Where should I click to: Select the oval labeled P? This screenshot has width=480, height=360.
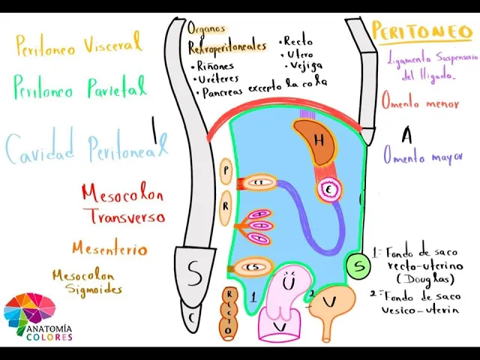coord(226,171)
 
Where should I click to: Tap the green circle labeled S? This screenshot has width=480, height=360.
coord(359,265)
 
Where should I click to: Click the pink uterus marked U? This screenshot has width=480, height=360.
coord(288,292)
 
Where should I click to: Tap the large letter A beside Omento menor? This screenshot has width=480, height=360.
coord(407,135)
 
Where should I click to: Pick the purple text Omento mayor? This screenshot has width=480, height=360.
coord(424,156)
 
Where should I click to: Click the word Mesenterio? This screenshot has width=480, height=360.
coord(109,248)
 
